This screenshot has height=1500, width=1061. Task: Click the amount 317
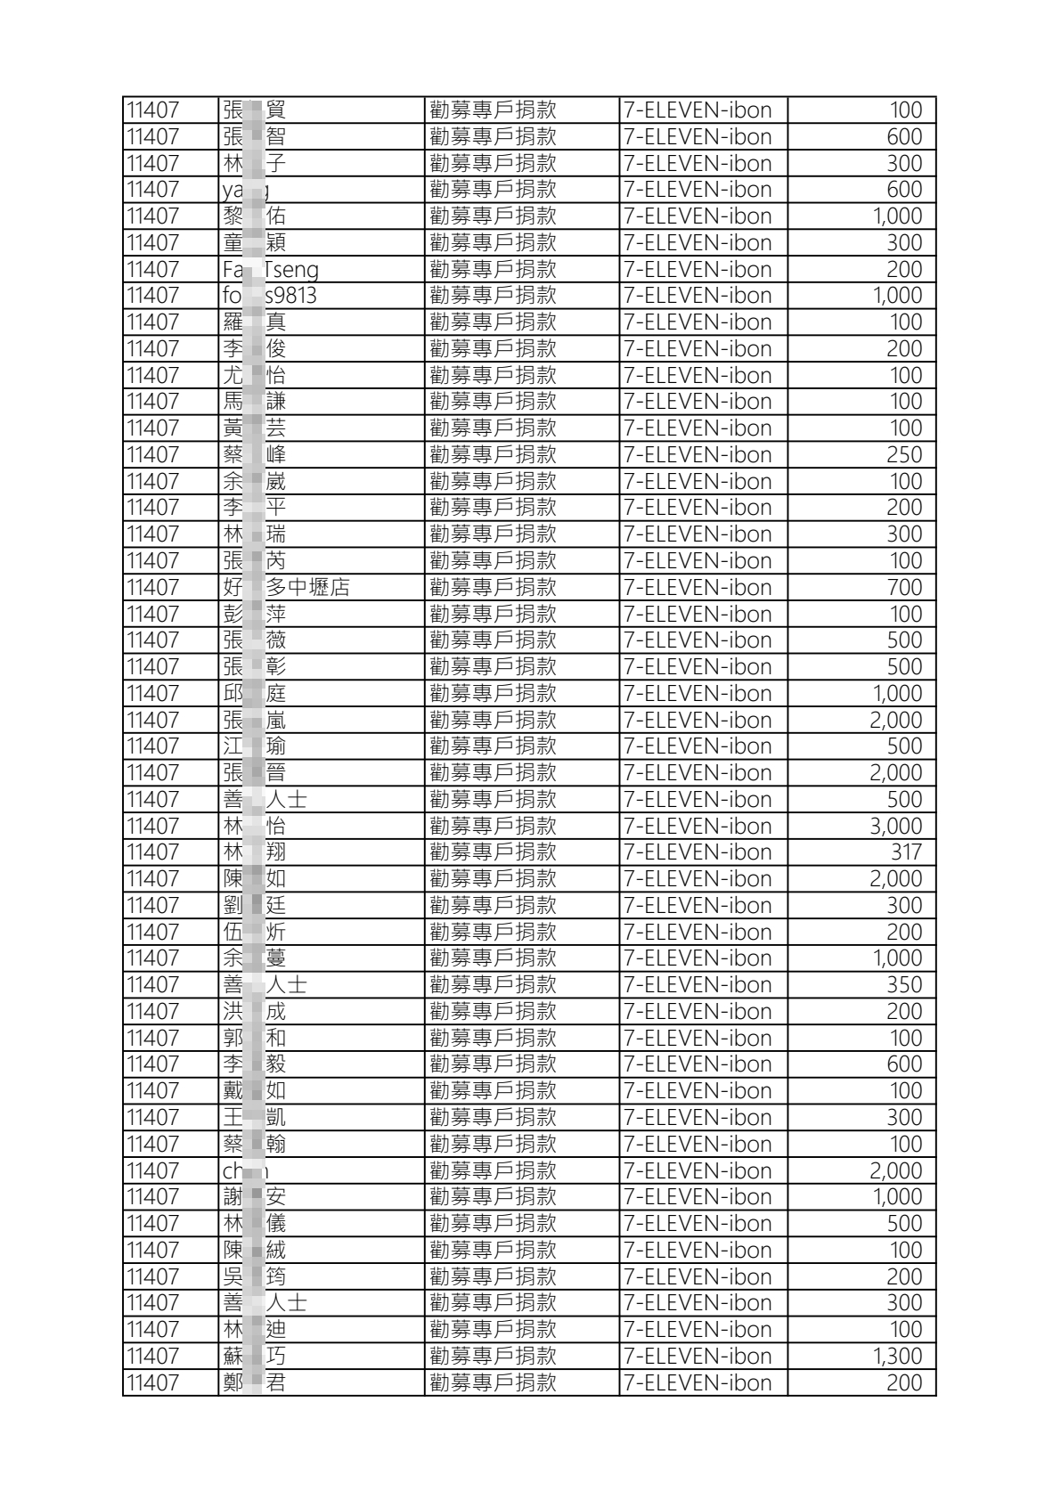point(906,852)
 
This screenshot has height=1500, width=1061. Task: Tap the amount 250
point(903,455)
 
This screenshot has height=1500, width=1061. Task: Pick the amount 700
point(903,588)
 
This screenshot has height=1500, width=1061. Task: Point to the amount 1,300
point(897,1357)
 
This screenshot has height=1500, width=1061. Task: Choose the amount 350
point(903,985)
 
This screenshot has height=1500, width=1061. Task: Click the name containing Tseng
point(270,270)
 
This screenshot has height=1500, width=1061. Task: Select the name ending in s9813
point(269,296)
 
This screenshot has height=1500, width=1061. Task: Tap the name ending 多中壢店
point(286,588)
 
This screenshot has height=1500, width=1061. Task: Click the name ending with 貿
point(254,110)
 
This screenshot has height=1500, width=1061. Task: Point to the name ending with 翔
point(254,852)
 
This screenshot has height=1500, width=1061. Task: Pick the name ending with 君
point(254,1383)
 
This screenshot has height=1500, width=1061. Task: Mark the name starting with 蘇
point(254,1357)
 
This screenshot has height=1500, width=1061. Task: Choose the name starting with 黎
point(254,216)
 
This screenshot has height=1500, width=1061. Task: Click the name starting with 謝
point(254,1197)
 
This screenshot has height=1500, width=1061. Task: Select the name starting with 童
point(254,243)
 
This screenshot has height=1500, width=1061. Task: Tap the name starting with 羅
point(254,322)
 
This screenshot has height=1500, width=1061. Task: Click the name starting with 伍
point(254,933)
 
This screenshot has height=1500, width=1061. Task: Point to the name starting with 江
point(254,746)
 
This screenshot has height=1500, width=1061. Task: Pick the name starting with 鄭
point(254,1383)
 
